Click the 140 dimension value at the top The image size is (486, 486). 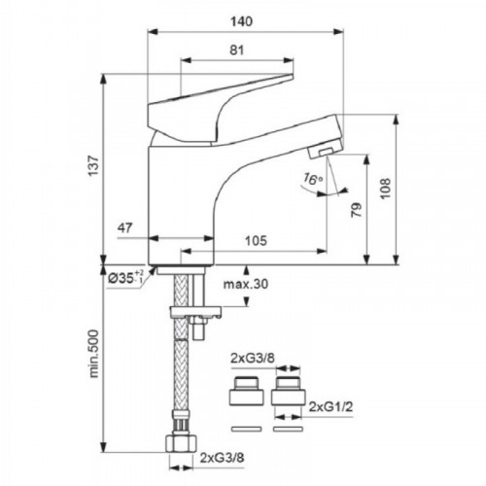[241, 21]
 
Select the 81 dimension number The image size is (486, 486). [237, 51]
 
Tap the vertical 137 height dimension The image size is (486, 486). [93, 166]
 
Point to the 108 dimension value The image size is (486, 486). [385, 189]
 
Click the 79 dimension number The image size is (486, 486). [356, 210]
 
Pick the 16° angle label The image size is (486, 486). [313, 179]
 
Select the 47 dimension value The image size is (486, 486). [125, 227]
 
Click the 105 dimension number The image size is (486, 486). [256, 241]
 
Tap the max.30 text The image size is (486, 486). [246, 284]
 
